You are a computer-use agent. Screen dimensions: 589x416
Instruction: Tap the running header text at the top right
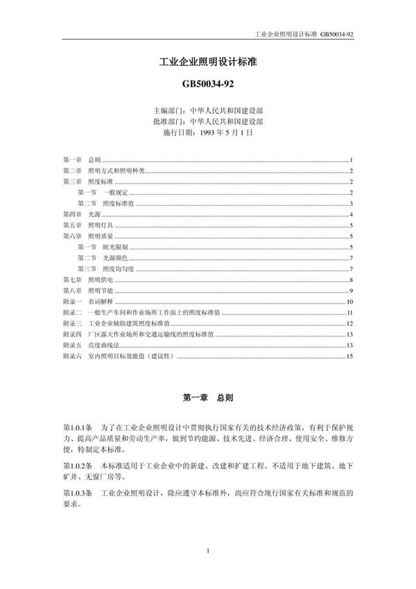(x=305, y=32)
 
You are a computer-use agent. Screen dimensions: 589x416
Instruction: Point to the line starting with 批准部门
(x=208, y=121)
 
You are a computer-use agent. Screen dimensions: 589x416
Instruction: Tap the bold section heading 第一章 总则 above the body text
(x=208, y=398)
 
